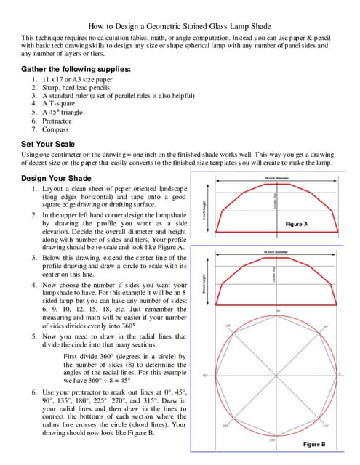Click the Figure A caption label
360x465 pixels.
(296, 225)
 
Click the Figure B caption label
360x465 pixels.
(313, 443)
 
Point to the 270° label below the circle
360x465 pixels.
(272, 439)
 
